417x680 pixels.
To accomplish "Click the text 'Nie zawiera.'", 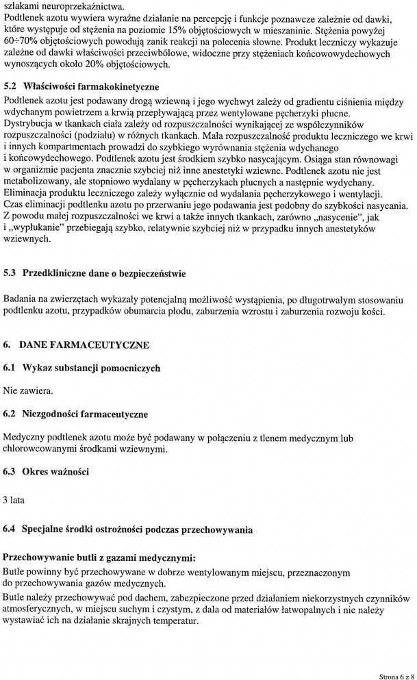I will click(x=27, y=391).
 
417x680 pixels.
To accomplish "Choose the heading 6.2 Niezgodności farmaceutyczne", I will click(x=75, y=414).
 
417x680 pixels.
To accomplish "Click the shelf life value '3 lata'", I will click(x=14, y=500).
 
